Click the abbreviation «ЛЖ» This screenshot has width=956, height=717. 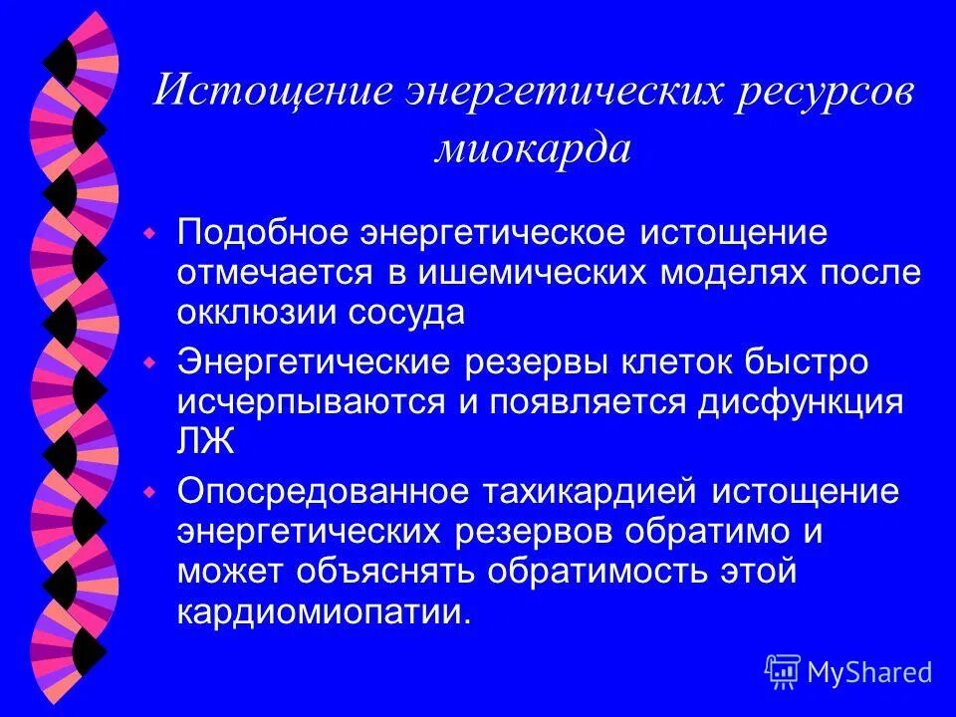pyautogui.click(x=206, y=441)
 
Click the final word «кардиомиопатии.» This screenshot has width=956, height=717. pyautogui.click(x=324, y=610)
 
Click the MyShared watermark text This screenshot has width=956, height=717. pyautogui.click(x=869, y=673)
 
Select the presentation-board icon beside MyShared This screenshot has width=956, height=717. pyautogui.click(x=783, y=672)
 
